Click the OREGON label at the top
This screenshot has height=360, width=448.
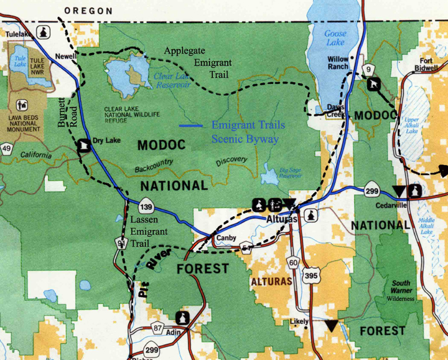[x=89, y=11]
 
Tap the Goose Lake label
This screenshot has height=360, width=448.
[x=335, y=39]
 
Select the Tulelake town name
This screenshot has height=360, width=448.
[x=18, y=34]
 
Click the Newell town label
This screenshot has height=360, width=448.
[x=65, y=55]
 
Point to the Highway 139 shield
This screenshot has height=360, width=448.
[x=147, y=207]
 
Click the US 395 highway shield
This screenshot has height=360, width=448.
[x=310, y=274]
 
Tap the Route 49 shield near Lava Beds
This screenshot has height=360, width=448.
[x=7, y=148]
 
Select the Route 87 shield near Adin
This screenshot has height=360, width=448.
[x=157, y=328]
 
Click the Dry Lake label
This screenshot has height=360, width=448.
[x=106, y=141]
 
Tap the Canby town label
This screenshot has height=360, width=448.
[x=225, y=238]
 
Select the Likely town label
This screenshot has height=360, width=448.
[x=299, y=322]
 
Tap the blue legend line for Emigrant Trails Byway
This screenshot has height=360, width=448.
[x=192, y=126]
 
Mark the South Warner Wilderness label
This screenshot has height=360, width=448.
[x=400, y=290]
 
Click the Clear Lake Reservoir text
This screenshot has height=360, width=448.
[x=172, y=80]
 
